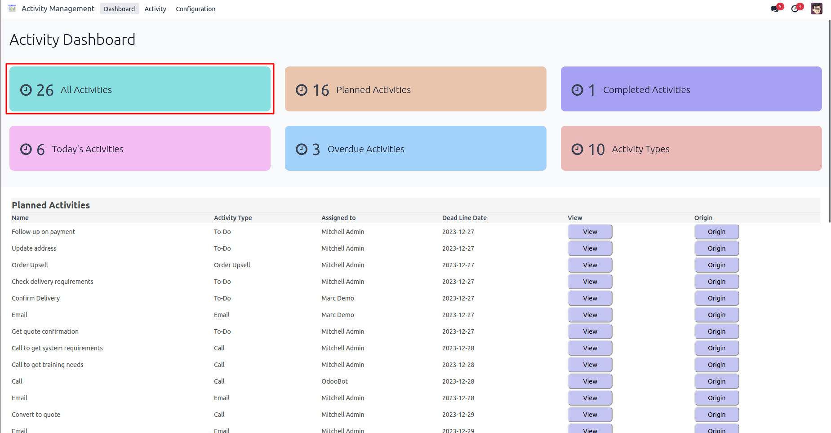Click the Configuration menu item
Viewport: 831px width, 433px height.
point(196,9)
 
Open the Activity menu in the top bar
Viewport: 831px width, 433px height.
point(155,9)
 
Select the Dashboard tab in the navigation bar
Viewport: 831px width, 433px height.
point(119,9)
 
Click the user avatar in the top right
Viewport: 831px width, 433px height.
point(816,9)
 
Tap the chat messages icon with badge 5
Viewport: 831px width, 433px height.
point(775,9)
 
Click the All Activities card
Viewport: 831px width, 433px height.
point(140,89)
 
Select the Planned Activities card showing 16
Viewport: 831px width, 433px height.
point(415,89)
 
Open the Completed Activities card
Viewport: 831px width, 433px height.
point(691,89)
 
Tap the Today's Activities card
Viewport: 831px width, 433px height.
point(140,148)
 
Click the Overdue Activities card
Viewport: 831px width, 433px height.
point(415,148)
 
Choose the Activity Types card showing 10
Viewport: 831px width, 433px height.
point(691,148)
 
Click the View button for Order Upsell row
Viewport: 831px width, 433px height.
point(590,265)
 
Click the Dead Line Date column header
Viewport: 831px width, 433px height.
point(464,218)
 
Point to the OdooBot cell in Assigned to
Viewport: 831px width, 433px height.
point(334,381)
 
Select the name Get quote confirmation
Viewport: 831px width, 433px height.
point(45,331)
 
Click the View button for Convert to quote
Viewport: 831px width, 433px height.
point(590,415)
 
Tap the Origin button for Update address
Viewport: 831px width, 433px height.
point(716,248)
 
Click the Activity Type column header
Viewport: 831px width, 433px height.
point(233,218)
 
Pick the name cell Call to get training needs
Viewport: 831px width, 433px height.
point(48,365)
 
